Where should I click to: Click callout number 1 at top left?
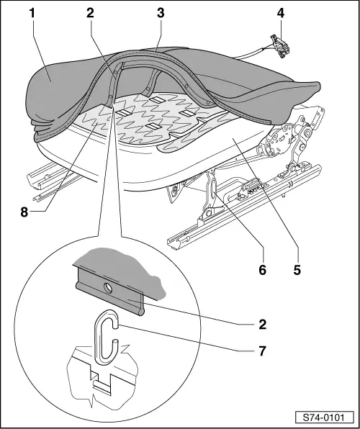[32, 13]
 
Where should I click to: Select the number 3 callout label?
[161, 13]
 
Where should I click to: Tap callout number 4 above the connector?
[281, 13]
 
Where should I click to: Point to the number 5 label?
[297, 270]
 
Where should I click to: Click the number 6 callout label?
[262, 270]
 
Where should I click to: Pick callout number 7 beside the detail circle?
[262, 351]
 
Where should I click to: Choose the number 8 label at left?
[24, 212]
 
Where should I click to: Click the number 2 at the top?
[90, 13]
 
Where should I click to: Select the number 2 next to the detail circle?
[262, 325]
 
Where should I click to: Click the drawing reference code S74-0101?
[325, 417]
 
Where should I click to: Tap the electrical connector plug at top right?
[280, 46]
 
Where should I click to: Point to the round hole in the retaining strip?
[108, 289]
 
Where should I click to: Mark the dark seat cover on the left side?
[52, 90]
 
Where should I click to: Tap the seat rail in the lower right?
[243, 208]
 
